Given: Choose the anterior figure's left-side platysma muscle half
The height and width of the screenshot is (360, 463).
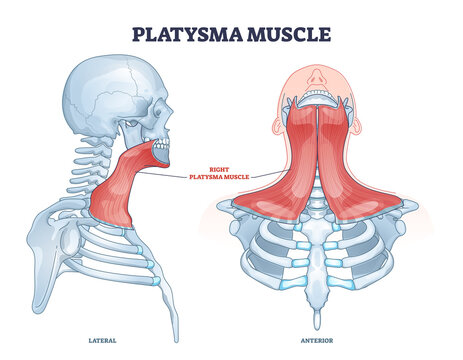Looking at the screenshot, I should (x=355, y=170).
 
